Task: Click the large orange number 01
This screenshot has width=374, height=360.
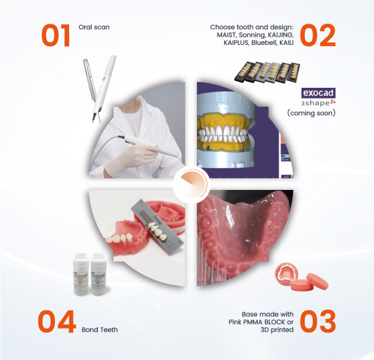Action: [x=56, y=36]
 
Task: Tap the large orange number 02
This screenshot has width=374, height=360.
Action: [x=318, y=36]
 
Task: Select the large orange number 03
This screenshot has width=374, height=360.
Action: [x=318, y=321]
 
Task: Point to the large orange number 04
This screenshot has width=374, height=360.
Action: [x=57, y=321]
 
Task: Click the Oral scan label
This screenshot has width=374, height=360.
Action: [x=94, y=27]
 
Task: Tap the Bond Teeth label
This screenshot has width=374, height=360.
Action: [x=100, y=329]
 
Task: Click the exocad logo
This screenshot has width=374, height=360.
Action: [x=318, y=93]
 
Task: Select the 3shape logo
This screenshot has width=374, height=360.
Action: [x=318, y=103]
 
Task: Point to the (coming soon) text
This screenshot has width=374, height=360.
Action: [x=311, y=113]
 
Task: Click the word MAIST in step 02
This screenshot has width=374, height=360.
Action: [x=226, y=35]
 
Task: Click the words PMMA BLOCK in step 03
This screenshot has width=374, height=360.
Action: [x=265, y=322]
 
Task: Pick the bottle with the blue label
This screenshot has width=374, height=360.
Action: [x=98, y=275]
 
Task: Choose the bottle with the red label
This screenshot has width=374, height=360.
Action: [x=81, y=275]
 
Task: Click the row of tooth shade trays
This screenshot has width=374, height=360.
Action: [x=267, y=73]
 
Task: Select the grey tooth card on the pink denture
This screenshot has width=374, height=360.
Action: [x=158, y=227]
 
